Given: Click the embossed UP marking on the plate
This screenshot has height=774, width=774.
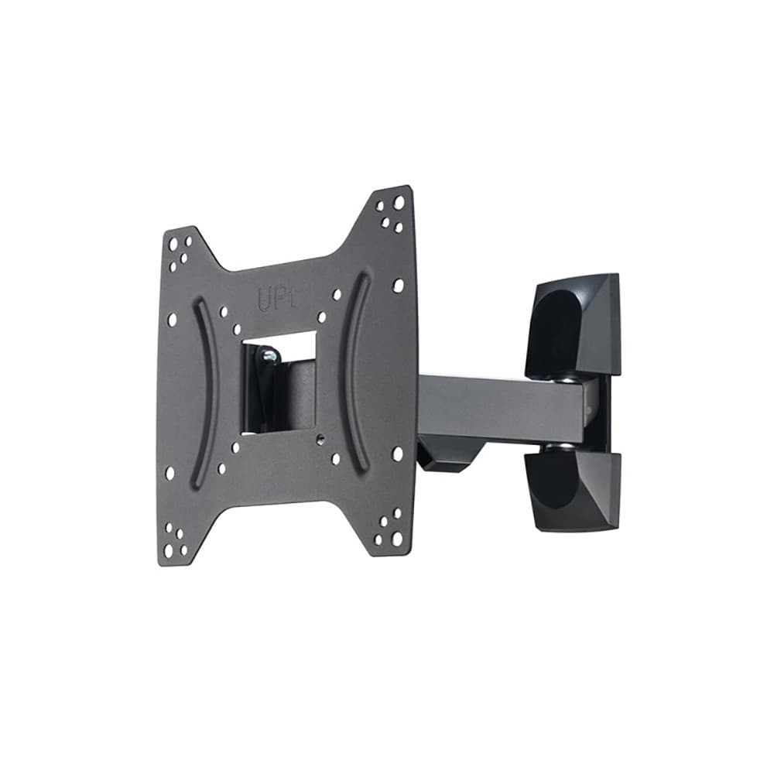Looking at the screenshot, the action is pyautogui.click(x=277, y=299).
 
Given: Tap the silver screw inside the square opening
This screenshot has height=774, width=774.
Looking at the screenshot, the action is pyautogui.click(x=269, y=355).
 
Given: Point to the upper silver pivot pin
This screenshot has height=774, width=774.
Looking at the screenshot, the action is pyautogui.click(x=566, y=379).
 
